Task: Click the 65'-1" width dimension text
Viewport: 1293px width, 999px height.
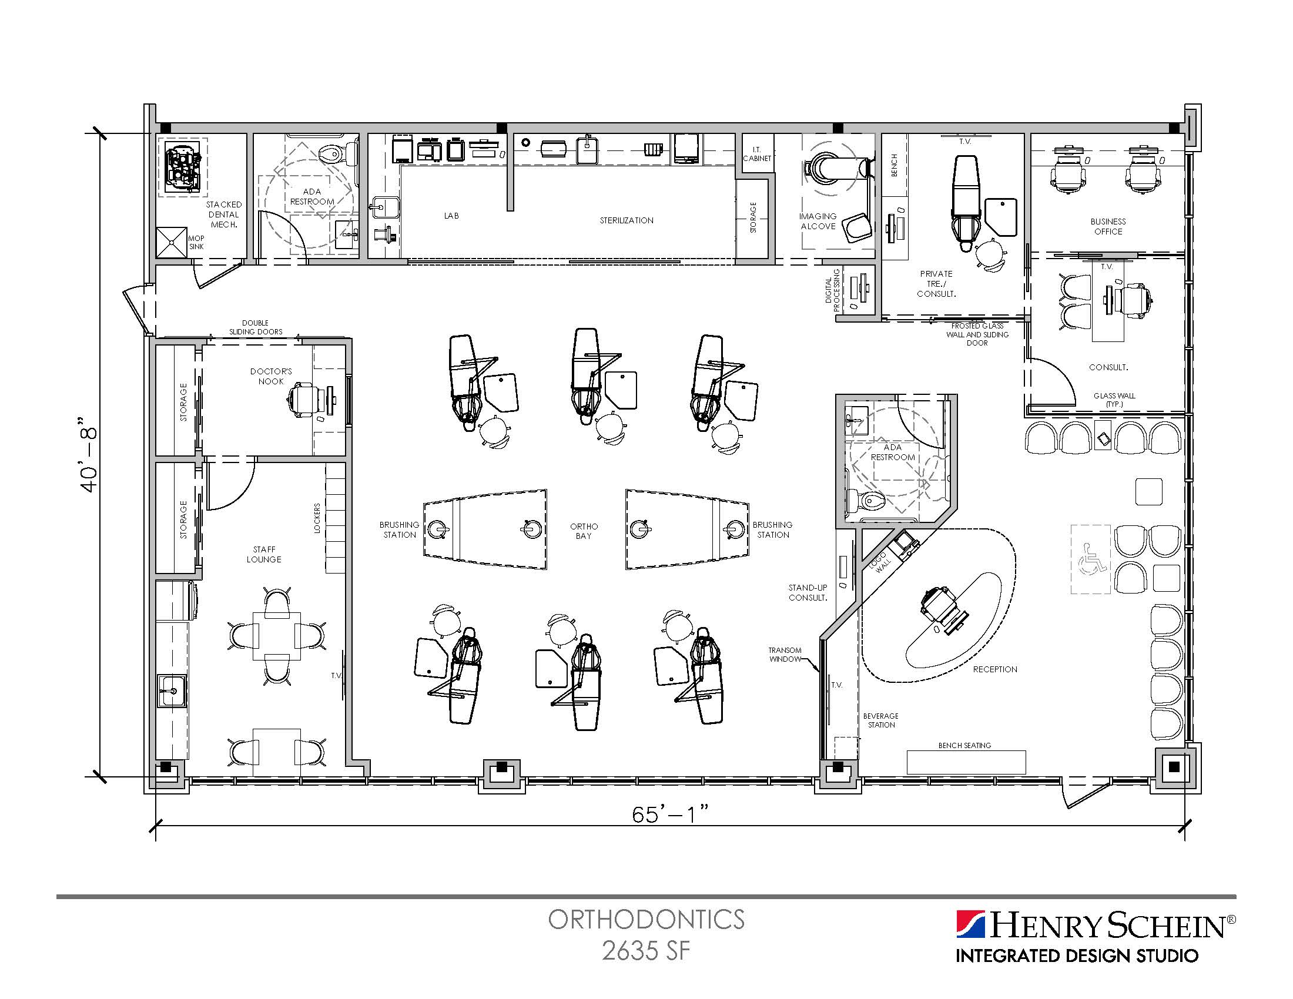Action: pos(670,814)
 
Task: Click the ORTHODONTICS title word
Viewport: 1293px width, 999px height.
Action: pos(646,920)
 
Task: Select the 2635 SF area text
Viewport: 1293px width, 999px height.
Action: pos(646,951)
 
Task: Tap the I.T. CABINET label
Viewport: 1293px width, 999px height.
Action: pos(757,154)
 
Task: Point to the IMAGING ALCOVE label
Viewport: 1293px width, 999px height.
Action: pos(818,222)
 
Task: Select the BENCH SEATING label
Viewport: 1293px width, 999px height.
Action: pos(964,746)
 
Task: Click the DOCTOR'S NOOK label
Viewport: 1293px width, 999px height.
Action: pos(271,377)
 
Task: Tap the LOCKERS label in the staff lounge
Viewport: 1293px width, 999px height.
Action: pos(317,518)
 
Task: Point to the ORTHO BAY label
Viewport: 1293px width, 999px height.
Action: pos(584,531)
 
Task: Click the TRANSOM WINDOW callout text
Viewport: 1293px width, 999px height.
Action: pos(785,655)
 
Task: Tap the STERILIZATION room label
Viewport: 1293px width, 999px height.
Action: pos(627,220)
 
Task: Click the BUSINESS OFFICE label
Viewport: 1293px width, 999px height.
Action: pos(1108,227)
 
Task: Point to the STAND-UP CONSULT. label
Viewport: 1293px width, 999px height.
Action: pos(808,592)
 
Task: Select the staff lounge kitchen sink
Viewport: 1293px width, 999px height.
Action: pos(171,691)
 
